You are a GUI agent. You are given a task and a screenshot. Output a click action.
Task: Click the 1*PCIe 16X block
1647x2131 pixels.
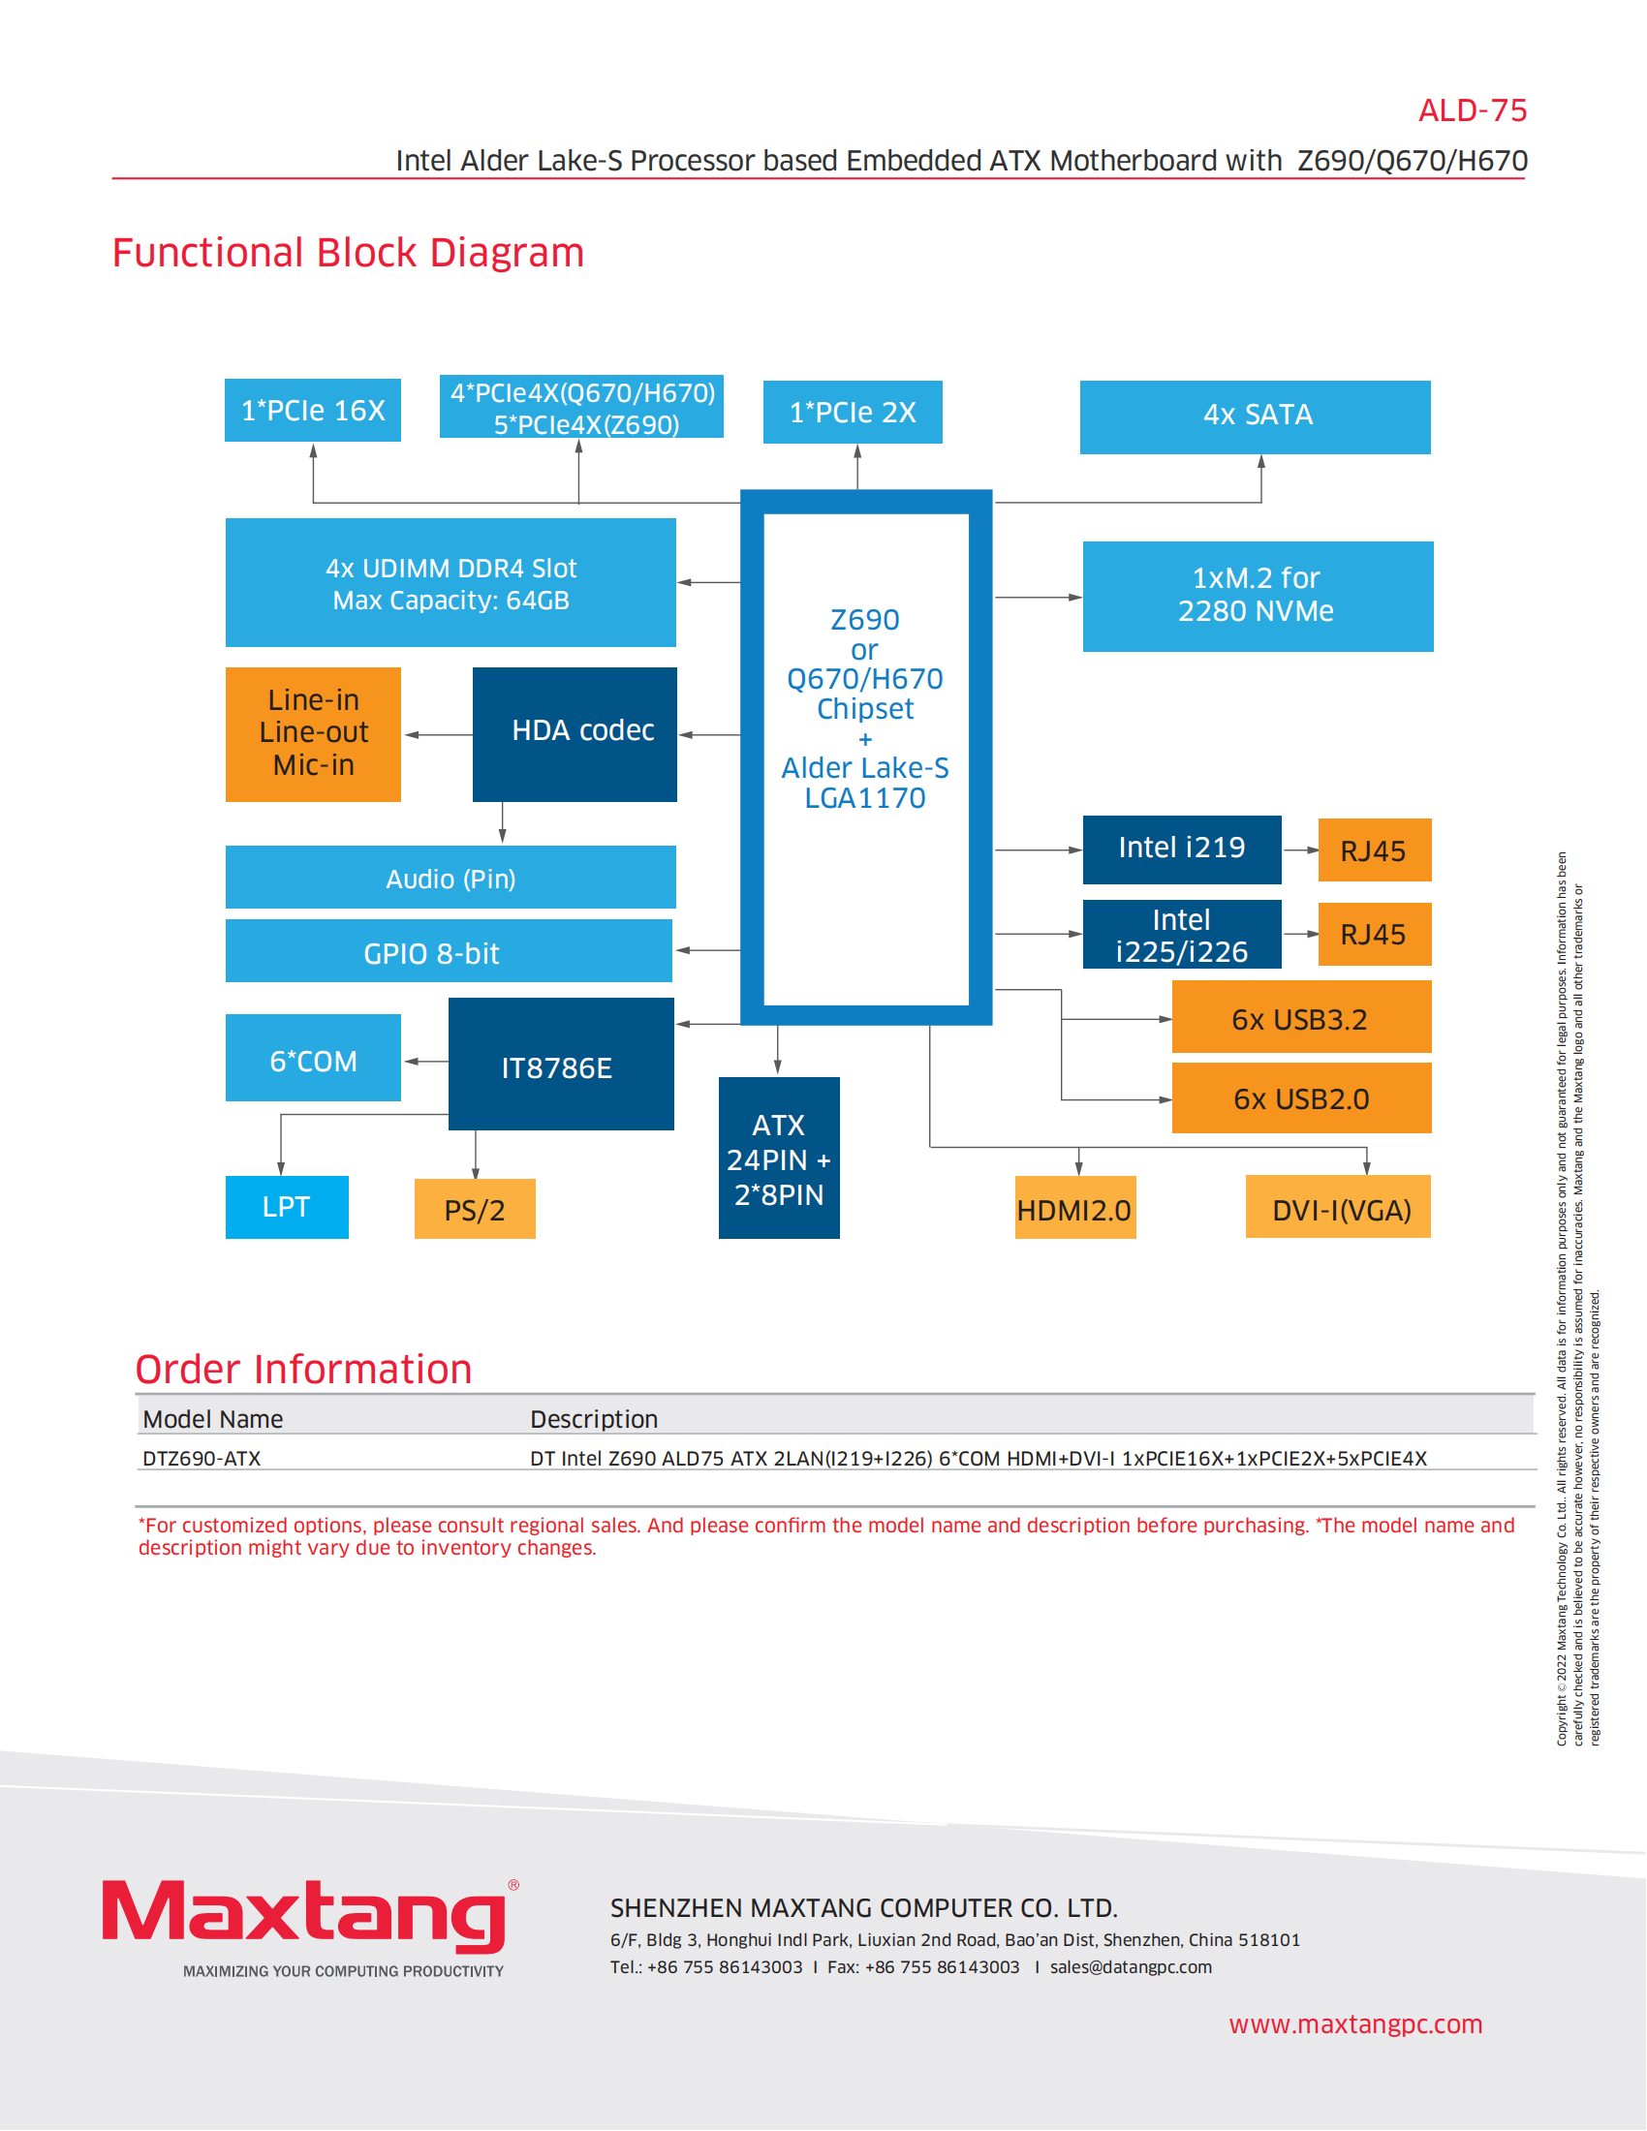click(312, 411)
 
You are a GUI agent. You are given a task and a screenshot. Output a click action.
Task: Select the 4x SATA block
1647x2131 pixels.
click(1255, 417)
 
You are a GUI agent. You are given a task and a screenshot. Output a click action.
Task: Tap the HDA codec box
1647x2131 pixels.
click(575, 734)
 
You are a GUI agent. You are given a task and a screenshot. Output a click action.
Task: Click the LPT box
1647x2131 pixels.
click(287, 1207)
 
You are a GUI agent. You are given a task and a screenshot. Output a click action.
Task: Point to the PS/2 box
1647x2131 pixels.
click(475, 1209)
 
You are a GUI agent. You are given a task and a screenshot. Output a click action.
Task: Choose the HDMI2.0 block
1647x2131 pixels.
click(1075, 1208)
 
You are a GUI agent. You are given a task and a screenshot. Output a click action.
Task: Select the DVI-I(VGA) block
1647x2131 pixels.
click(1338, 1208)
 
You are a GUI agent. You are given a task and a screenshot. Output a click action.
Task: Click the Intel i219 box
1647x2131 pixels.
click(1182, 849)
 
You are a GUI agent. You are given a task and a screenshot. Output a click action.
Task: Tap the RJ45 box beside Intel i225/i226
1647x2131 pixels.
click(1374, 935)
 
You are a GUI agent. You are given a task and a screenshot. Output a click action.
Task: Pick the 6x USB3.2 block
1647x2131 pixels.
click(1300, 1018)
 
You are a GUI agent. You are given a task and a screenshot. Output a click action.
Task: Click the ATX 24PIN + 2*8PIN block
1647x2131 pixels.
click(779, 1158)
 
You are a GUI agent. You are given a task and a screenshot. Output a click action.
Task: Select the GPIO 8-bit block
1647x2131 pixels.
click(449, 951)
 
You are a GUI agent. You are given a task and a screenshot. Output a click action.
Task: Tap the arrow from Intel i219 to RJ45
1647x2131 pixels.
click(1299, 849)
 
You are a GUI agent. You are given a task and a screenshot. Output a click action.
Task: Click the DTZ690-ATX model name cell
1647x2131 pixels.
click(202, 1459)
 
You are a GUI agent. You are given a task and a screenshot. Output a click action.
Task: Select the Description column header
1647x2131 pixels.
click(593, 1419)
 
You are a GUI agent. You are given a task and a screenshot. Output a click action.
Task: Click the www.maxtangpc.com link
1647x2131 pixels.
click(1355, 2023)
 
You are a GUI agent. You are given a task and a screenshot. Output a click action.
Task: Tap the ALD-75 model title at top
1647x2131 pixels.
click(1472, 111)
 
